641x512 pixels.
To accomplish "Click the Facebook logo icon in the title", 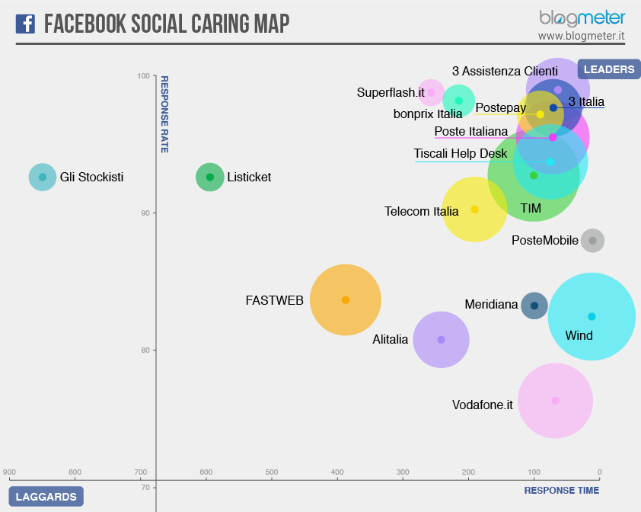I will pos(25,24).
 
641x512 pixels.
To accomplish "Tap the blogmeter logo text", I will pos(582,18).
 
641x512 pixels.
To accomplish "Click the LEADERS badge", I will pos(609,69).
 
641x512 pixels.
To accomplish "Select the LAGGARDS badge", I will pos(46,497).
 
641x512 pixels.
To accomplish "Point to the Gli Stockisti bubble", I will pos(43,177).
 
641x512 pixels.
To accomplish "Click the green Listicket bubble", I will pos(210,178).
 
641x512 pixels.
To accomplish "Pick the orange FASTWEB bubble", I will pos(346,300).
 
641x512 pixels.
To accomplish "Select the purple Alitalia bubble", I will pos(442,340).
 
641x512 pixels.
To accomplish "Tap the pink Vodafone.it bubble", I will pos(555,401).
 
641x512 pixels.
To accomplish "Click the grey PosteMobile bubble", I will pos(592,241).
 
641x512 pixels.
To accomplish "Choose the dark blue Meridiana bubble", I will pos(534,306).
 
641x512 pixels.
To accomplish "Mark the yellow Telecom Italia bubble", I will pos(474,210).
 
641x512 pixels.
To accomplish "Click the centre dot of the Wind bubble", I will pos(592,316).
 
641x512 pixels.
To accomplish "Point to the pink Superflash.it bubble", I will pos(431,92).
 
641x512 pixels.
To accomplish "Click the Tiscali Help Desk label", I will pos(461,154).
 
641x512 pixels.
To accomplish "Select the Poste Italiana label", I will pos(471,132).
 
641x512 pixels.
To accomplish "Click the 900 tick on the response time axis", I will pos(9,472).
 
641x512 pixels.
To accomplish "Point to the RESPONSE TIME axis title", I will pos(561,491).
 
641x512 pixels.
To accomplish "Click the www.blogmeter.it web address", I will pos(581,36).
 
